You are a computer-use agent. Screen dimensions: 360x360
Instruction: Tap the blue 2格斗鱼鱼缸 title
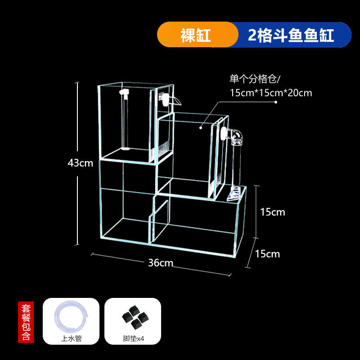(x=292, y=35)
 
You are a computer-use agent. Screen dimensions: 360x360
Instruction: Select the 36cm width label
(x=161, y=263)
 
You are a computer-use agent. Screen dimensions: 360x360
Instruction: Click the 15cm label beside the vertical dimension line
(x=273, y=211)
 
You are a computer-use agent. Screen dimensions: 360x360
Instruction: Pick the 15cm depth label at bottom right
(x=267, y=254)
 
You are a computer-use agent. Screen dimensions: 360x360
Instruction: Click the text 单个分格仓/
(x=255, y=79)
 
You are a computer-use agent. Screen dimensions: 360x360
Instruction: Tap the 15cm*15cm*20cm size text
(x=270, y=93)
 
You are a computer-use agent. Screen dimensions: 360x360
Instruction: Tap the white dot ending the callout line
(x=201, y=127)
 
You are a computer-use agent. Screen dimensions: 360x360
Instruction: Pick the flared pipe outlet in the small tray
(x=234, y=194)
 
